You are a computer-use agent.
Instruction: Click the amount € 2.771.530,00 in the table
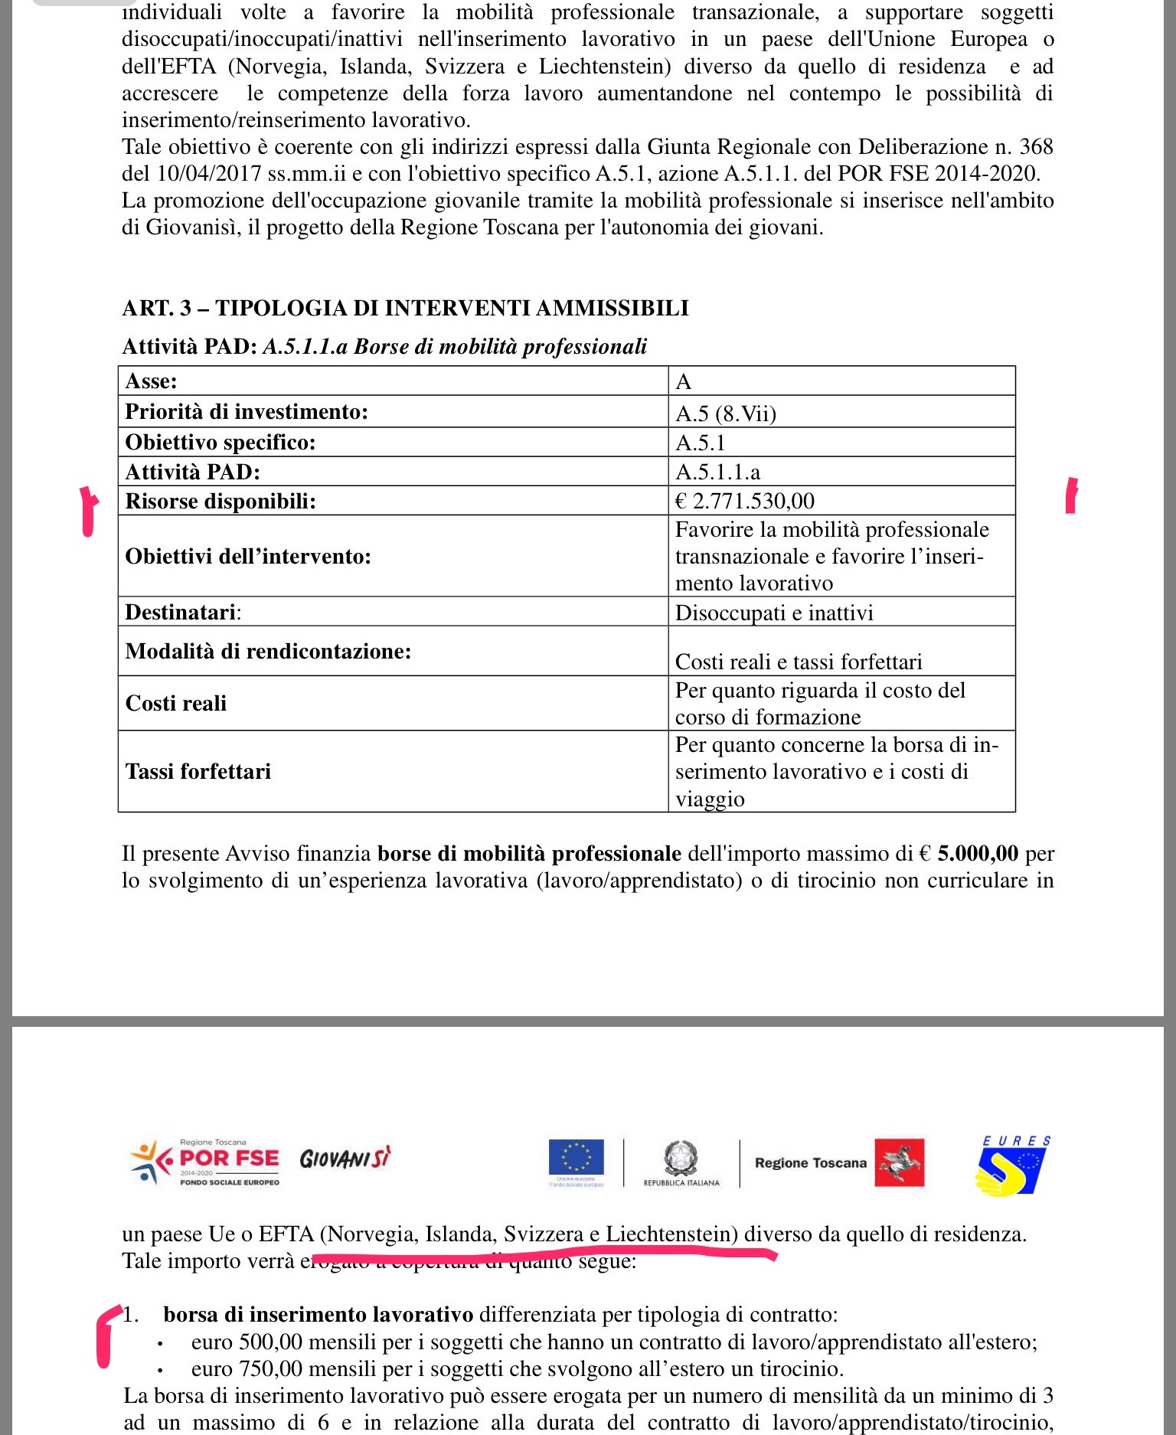coord(745,501)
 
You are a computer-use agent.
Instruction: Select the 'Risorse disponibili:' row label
coord(220,501)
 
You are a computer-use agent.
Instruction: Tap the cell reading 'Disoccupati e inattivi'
coord(774,613)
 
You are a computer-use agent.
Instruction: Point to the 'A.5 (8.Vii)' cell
coord(726,414)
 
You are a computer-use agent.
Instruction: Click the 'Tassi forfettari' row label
coord(198,771)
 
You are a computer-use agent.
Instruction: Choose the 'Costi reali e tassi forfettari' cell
coord(799,662)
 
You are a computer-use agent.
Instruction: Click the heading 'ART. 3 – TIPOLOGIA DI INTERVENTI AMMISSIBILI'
coord(405,308)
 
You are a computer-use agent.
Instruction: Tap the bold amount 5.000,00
coord(978,853)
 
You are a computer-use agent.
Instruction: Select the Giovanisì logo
coord(345,1159)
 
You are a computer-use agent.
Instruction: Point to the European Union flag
coord(576,1158)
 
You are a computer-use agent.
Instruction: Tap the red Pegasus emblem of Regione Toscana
coord(900,1162)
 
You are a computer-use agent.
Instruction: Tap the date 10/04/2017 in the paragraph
coord(209,173)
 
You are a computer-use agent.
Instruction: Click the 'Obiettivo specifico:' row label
coord(220,443)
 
